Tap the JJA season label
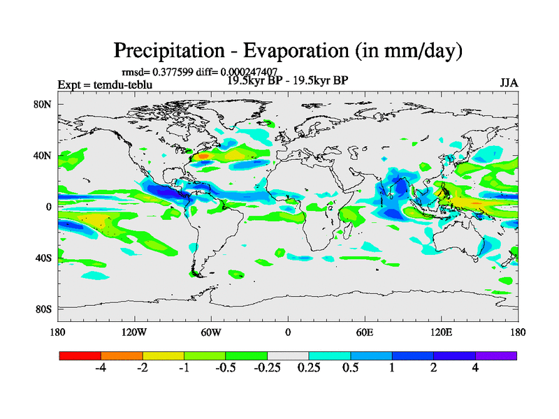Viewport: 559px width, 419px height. [509, 82]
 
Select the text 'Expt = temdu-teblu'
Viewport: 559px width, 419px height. [105, 85]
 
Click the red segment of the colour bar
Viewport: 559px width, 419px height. [80, 355]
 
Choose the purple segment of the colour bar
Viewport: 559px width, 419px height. [496, 355]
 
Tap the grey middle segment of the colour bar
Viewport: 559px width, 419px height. [288, 355]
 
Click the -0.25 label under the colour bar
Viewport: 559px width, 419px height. [267, 369]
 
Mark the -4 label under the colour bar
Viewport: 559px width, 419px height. [100, 369]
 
